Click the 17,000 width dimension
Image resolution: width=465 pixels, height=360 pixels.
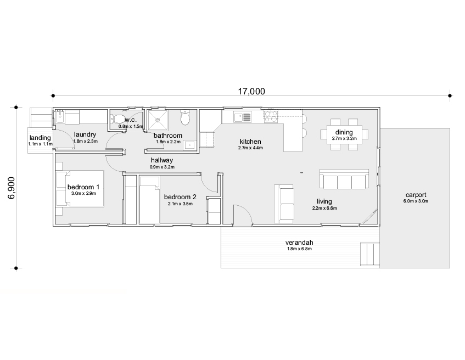coord(251,91)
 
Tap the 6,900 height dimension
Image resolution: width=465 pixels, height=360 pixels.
coord(11,188)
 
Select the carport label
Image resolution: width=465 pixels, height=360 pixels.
coord(416,195)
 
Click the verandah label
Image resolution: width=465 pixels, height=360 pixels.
coord(299,242)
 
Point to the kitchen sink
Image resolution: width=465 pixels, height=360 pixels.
coord(242,117)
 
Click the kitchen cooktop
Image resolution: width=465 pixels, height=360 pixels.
coord(271,116)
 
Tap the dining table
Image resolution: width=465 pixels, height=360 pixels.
coord(344,135)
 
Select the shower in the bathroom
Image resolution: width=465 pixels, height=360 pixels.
coord(158,120)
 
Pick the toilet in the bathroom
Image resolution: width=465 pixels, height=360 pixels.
coord(185,118)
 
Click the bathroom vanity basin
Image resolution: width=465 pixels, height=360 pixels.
coord(189,145)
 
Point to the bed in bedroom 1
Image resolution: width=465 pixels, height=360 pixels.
coord(80,189)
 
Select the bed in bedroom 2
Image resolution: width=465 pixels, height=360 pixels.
coord(149,200)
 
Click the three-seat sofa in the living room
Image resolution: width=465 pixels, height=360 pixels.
coord(344,179)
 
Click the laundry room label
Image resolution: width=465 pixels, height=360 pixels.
coord(85,134)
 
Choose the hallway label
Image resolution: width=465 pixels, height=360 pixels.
coord(162,160)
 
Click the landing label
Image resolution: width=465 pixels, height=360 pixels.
coord(40,138)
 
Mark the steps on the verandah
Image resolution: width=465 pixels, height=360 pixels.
coord(370,255)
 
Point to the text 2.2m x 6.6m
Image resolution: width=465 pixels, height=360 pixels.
coord(324,208)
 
